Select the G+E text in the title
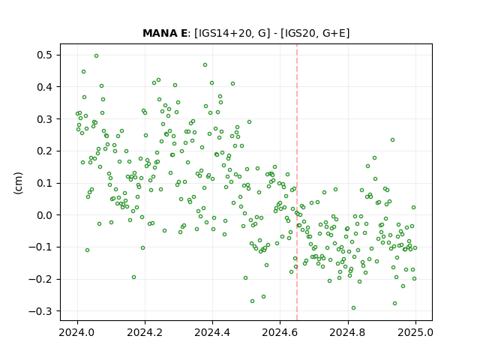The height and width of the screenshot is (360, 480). point(334,33)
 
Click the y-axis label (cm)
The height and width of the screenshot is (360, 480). point(18,183)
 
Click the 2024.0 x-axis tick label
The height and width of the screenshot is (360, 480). point(76,332)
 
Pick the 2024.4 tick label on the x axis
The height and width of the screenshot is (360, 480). point(212,332)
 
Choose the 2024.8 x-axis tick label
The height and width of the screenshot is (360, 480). point(347,332)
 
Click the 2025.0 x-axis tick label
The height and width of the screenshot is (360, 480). point(415,332)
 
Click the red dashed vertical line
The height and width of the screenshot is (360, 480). point(297,182)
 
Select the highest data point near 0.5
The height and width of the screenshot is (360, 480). point(97,56)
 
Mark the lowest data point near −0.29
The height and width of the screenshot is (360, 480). point(353,308)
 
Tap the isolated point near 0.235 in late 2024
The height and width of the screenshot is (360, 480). point(392,140)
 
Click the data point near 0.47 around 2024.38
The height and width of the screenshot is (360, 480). point(205,65)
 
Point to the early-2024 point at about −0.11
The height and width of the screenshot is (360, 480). point(87,250)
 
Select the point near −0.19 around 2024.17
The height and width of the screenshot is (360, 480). point(133,277)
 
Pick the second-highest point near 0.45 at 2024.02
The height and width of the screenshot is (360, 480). point(83,72)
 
